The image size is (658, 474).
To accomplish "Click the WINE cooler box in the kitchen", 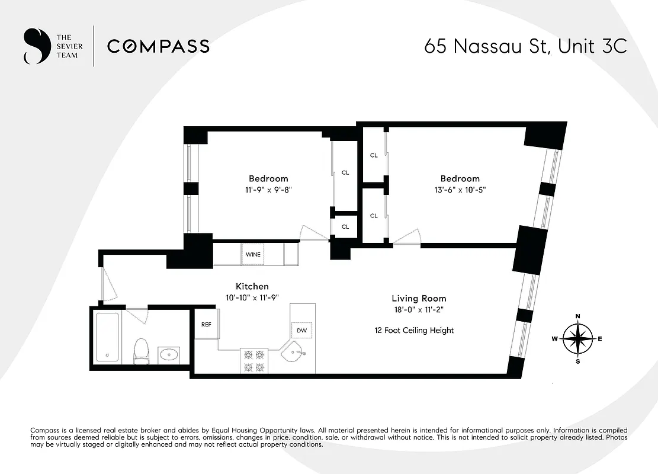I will pos(253,254).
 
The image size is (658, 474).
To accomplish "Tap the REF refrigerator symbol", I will pos(206,325).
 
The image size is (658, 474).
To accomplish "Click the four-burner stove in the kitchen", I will pos(254,361).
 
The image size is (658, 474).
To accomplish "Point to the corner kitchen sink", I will pos(294,354).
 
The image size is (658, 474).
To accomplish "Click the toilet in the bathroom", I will pos(141,350).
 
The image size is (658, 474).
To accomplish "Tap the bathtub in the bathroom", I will pos(108,337).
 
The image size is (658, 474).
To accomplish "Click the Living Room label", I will pos(419,299).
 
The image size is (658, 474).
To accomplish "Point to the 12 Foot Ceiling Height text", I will pos(413,330).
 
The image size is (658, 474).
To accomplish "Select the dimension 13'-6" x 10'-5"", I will pos(459,190).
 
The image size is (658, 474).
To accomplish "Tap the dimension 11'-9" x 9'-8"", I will pos(268,190).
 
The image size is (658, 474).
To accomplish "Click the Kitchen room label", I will pos(252,286).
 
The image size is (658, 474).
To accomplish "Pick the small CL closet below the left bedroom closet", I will pos(345,226).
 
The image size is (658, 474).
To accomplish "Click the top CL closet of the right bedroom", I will pos(374,156).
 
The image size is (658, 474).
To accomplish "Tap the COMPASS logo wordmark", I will pos(158,46).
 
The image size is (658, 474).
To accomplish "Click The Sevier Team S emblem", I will pos(35,46).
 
